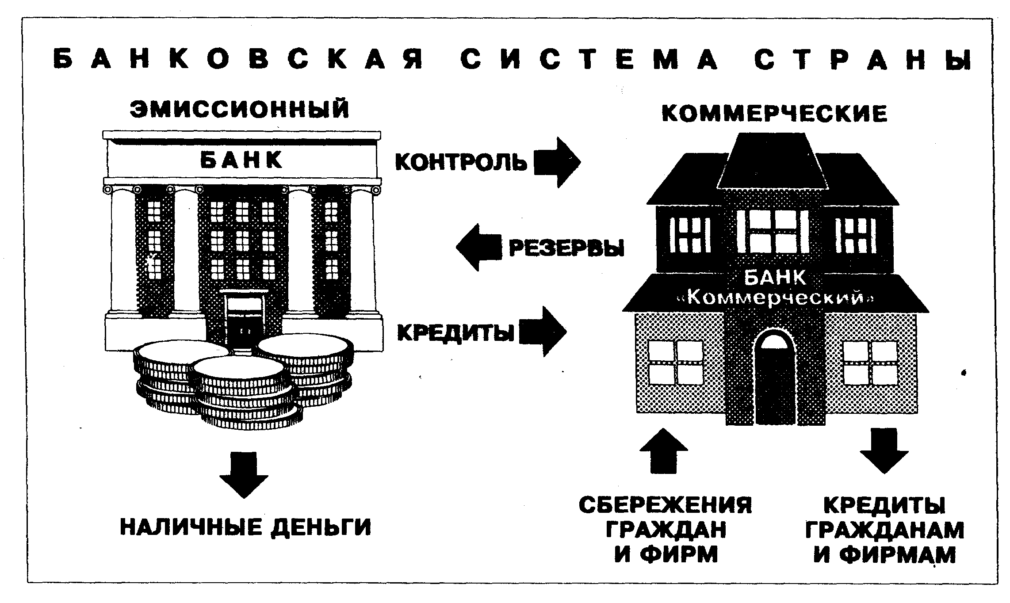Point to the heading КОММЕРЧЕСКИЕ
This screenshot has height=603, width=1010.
[774, 114]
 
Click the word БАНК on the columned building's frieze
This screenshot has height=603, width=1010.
[241, 160]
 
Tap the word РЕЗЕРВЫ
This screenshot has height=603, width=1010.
[566, 248]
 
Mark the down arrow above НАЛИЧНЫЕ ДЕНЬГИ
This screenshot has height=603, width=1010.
[244, 474]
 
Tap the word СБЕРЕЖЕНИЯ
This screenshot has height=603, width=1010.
[665, 505]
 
